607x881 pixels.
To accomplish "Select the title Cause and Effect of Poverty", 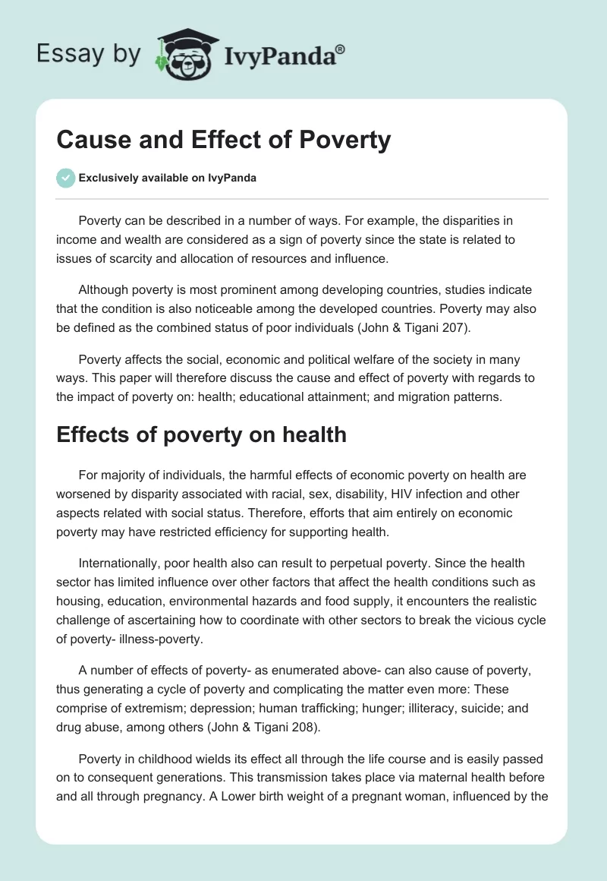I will pos(223,140).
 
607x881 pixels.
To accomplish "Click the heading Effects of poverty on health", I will pos(201,434).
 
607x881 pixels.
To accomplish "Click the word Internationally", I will pos(122,564).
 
